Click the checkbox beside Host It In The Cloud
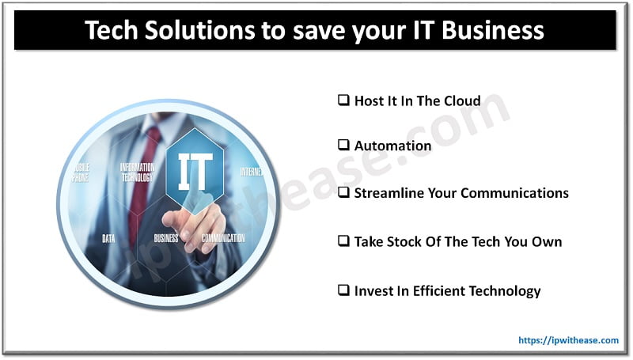tap(343, 100)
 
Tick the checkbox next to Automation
tap(343, 146)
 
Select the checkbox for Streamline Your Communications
tap(343, 193)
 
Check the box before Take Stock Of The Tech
tap(343, 241)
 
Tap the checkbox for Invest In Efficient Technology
tap(343, 290)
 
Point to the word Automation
tap(392, 146)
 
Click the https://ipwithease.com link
tap(568, 340)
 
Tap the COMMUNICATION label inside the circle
tap(223, 238)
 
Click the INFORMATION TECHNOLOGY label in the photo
tap(137, 172)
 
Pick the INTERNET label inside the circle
tap(250, 172)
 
